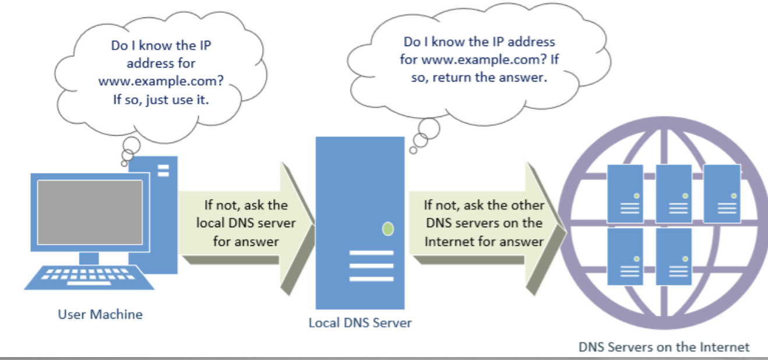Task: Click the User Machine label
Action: (x=100, y=315)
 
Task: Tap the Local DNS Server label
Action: (x=360, y=322)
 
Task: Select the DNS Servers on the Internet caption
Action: (x=664, y=347)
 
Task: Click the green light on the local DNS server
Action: (x=387, y=229)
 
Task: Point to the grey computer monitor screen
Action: (x=90, y=212)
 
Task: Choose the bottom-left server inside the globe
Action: (x=625, y=256)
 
